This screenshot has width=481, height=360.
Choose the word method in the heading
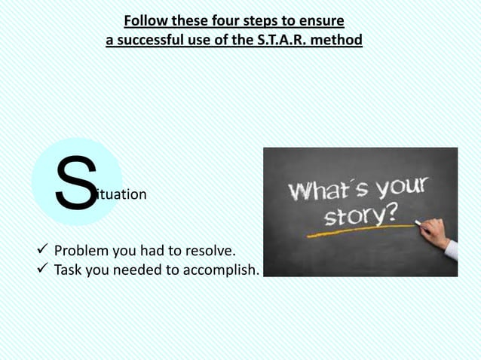[338, 38]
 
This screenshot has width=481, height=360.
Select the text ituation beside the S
[122, 194]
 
